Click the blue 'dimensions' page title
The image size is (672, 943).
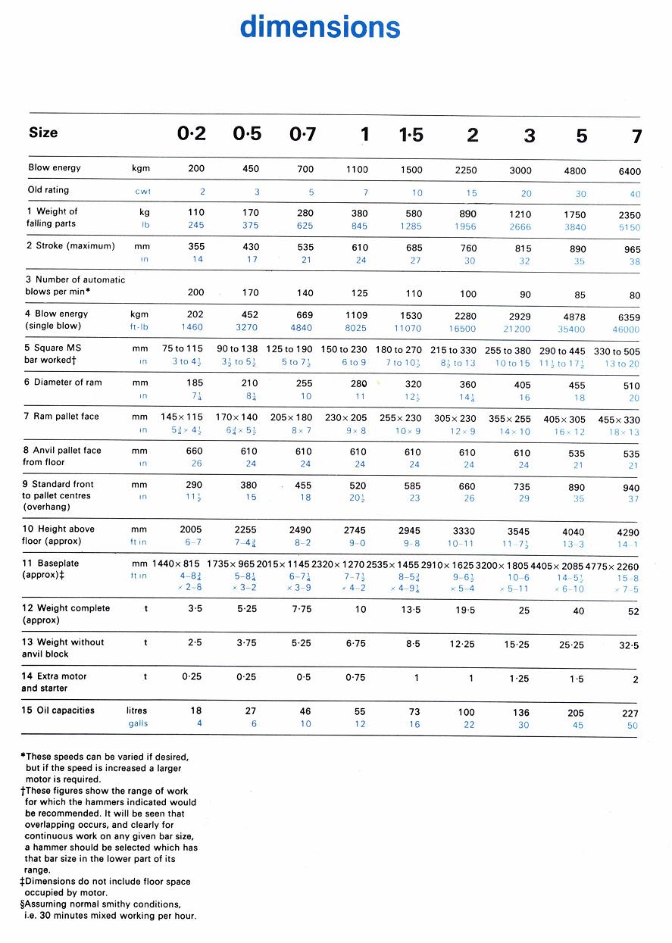(320, 27)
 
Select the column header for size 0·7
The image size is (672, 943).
(303, 135)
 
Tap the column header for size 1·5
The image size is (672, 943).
(411, 136)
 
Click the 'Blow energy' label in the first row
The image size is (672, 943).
(55, 167)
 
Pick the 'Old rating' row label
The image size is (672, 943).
(48, 190)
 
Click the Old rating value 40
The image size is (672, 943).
(635, 194)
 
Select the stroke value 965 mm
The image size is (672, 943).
(632, 249)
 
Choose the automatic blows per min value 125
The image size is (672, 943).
(360, 293)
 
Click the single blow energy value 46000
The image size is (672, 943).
(626, 329)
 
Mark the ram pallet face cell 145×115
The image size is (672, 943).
(183, 417)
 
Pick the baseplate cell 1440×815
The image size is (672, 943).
(176, 565)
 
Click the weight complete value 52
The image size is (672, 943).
(633, 611)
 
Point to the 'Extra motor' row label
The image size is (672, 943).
(54, 676)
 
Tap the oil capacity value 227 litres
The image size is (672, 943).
(630, 713)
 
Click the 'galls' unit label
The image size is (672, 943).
(138, 724)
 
